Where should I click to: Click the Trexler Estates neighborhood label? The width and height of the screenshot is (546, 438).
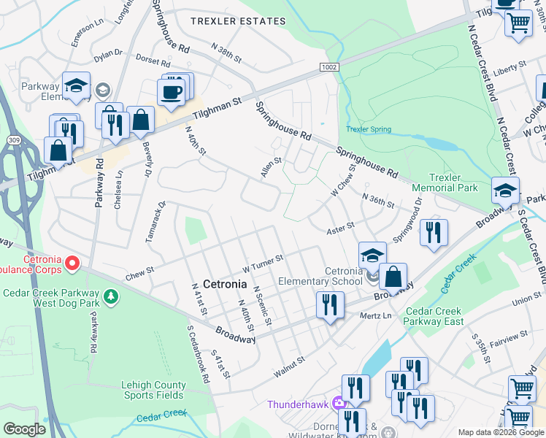pyautogui.click(x=238, y=21)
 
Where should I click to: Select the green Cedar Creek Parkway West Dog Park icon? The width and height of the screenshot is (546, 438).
pyautogui.click(x=110, y=296)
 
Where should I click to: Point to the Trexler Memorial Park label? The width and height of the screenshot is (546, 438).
pyautogui.click(x=453, y=182)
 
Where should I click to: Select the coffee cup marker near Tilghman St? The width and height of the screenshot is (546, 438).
pyautogui.click(x=172, y=93)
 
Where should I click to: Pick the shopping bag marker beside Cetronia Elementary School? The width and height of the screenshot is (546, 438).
pyautogui.click(x=393, y=277)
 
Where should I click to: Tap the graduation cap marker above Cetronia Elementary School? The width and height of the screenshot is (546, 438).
pyautogui.click(x=372, y=255)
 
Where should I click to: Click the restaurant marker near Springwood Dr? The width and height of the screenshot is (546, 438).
pyautogui.click(x=434, y=232)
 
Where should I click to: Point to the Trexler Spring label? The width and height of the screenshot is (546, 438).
pyautogui.click(x=368, y=129)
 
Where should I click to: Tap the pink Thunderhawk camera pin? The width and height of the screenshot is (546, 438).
pyautogui.click(x=339, y=403)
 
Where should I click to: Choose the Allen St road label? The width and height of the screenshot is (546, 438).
pyautogui.click(x=271, y=167)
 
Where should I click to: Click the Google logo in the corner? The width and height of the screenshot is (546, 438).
pyautogui.click(x=24, y=429)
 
